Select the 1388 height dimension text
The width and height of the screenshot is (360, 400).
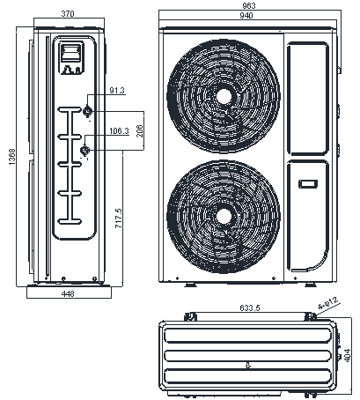(11, 156)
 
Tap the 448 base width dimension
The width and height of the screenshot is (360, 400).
(67, 294)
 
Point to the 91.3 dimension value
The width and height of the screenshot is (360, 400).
(117, 91)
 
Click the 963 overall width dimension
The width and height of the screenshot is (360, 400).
(249, 6)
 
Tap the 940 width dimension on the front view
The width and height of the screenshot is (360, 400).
(249, 16)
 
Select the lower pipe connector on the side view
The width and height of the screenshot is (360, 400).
(84, 151)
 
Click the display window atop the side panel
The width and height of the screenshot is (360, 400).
(72, 58)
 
